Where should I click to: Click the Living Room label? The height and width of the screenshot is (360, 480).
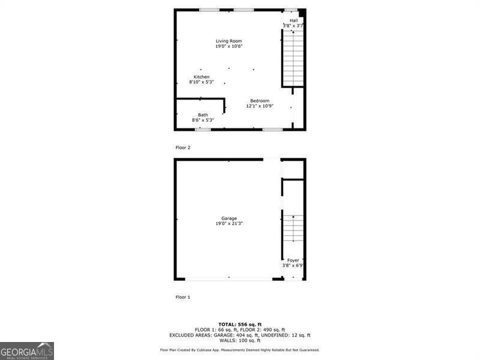(229, 41)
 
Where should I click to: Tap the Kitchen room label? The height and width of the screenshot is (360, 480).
(202, 77)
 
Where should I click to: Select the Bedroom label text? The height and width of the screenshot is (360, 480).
(260, 101)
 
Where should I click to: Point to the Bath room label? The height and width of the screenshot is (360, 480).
(203, 115)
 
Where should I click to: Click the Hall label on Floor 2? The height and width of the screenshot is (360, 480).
(293, 20)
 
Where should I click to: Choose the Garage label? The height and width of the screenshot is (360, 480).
(229, 218)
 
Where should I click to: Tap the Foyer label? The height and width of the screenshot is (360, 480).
(293, 260)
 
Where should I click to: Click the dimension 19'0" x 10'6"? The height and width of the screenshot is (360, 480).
(229, 46)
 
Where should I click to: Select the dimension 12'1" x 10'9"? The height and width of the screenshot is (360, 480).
(260, 106)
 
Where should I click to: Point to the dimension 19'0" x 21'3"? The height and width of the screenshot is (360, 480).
(229, 224)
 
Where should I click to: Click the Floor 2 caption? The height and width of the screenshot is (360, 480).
(182, 147)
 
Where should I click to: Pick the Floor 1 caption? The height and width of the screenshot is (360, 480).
(182, 297)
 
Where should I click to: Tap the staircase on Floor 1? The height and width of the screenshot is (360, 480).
(293, 228)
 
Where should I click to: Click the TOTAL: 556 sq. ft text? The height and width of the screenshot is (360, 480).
(239, 324)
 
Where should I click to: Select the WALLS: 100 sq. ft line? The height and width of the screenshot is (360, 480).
(239, 340)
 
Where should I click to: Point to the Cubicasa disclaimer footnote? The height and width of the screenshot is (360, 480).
(239, 350)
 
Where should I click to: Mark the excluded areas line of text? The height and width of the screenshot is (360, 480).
(239, 335)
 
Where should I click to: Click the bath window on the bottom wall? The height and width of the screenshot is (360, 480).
(202, 129)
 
